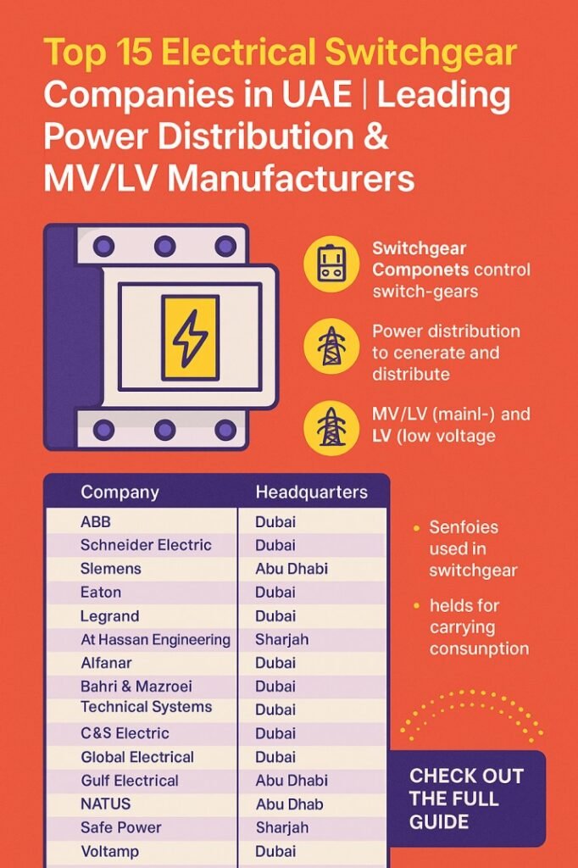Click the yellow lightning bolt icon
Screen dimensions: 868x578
tap(190, 337)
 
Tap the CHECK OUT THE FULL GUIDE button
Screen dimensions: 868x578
tap(467, 798)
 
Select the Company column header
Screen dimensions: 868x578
tap(119, 492)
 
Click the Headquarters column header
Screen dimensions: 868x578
tap(311, 492)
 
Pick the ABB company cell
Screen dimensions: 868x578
tap(96, 522)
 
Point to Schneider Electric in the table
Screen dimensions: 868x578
tap(146, 545)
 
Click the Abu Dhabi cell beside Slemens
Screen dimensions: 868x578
tap(291, 569)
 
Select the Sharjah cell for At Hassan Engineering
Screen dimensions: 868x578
tap(281, 640)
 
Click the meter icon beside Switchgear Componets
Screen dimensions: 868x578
tap(331, 264)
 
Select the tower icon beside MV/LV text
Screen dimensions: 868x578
tap(331, 426)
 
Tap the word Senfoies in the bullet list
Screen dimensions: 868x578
tap(464, 527)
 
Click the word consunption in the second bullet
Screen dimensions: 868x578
tap(479, 649)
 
